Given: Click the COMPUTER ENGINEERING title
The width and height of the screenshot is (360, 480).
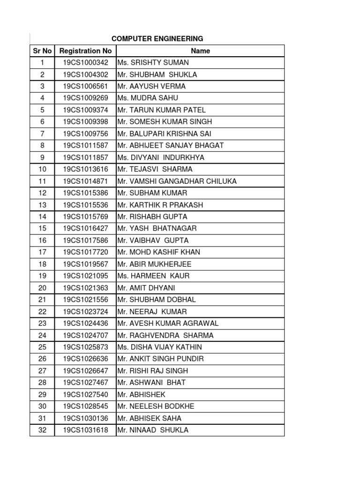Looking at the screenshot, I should pyautogui.click(x=157, y=38).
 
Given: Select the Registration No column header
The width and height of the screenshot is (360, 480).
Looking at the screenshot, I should pyautogui.click(x=86, y=51).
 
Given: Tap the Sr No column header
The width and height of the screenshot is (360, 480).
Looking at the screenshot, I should pyautogui.click(x=42, y=51).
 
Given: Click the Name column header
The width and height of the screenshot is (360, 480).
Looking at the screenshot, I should pyautogui.click(x=200, y=51).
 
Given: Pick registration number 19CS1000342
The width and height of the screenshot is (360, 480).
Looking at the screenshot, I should pyautogui.click(x=85, y=63).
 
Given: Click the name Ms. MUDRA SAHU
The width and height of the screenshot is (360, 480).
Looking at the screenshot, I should pyautogui.click(x=148, y=98).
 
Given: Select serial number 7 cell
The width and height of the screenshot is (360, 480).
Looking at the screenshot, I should pyautogui.click(x=42, y=134).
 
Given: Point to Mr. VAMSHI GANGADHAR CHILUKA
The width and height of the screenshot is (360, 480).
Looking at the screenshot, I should pyautogui.click(x=177, y=181).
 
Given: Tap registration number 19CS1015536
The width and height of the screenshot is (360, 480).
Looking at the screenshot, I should pyautogui.click(x=85, y=205).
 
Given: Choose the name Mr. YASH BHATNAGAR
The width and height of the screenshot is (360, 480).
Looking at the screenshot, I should pyautogui.click(x=157, y=228).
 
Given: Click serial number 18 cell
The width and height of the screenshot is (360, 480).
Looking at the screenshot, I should pyautogui.click(x=42, y=264).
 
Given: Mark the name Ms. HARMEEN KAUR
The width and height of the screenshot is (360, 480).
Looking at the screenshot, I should pyautogui.click(x=154, y=276).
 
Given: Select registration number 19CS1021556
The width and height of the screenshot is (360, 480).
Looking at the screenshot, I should pyautogui.click(x=85, y=300).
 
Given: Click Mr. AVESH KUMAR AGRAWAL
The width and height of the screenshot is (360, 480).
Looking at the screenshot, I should pyautogui.click(x=168, y=323).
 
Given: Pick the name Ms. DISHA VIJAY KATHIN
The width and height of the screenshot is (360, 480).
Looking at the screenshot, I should pyautogui.click(x=160, y=347).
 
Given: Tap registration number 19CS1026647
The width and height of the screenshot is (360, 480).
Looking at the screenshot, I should pyautogui.click(x=85, y=371).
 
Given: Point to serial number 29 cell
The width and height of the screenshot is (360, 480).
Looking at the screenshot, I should pyautogui.click(x=42, y=394).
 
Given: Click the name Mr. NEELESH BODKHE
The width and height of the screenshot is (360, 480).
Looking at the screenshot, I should pyautogui.click(x=156, y=406).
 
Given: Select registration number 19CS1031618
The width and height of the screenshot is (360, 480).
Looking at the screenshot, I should pyautogui.click(x=85, y=430).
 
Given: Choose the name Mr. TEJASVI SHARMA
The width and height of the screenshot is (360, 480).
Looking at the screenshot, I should pyautogui.click(x=155, y=169).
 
